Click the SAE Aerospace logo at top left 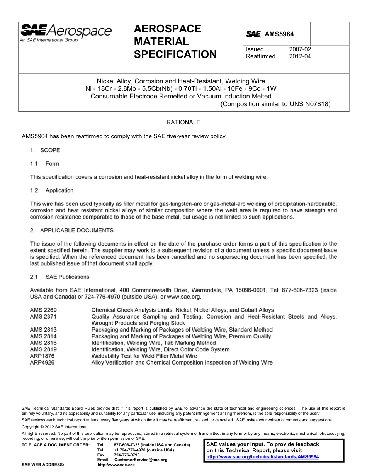(x=66, y=32)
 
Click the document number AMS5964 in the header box (x=279, y=34)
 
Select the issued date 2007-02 (x=300, y=49)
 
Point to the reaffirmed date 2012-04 (x=300, y=56)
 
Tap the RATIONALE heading (x=183, y=122)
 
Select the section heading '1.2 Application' (x=52, y=190)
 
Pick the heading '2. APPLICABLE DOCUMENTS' (x=72, y=231)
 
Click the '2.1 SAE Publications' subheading (x=59, y=277)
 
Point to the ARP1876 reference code (x=42, y=356)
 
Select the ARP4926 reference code (x=42, y=363)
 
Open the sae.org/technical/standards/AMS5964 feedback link (x=263, y=457)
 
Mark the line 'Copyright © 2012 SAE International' (x=54, y=427)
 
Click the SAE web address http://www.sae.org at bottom (x=116, y=465)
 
